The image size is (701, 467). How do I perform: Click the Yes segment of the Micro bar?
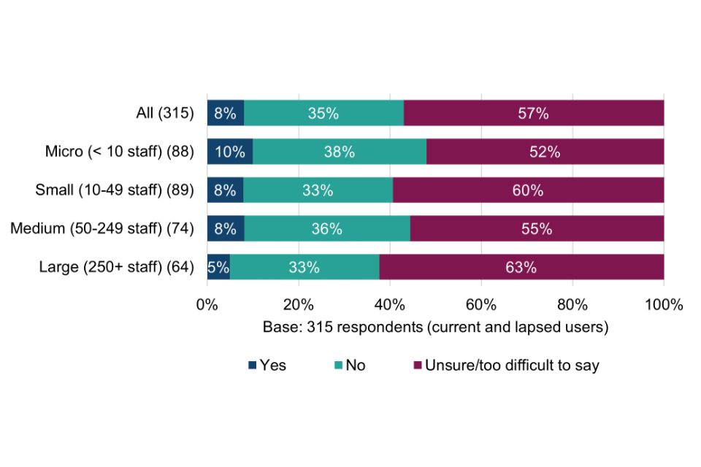[230, 152]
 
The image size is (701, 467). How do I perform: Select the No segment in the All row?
[323, 113]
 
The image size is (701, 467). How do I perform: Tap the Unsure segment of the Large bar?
[521, 267]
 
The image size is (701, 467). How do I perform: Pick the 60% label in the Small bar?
[528, 190]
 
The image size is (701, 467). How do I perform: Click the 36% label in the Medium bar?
[326, 229]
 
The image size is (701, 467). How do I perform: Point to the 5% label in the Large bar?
[218, 267]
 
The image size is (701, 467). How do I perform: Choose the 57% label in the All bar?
[533, 113]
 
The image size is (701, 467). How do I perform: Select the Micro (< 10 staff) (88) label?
[119, 152]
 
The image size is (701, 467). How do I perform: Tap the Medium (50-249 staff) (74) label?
[102, 229]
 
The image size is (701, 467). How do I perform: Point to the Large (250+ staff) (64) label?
[116, 267]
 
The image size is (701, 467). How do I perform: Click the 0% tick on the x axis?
[207, 304]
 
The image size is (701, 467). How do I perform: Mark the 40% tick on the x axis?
[390, 304]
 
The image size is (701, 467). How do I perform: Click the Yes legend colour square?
[253, 365]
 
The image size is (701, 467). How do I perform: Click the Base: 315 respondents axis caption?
[435, 327]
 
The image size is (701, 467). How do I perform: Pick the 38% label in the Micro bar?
[340, 152]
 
